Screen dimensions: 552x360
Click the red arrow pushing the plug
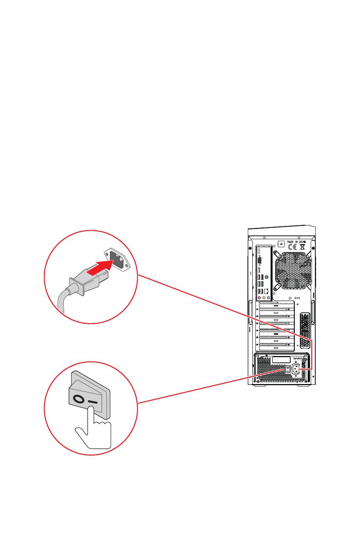click(99, 268)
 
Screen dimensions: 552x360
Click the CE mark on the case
click(293, 246)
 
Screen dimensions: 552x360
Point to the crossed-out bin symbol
click(302, 246)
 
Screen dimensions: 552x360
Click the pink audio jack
click(259, 298)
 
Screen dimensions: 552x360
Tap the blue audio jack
click(268, 298)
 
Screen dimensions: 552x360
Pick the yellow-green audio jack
click(264, 298)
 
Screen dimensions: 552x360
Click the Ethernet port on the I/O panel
click(267, 291)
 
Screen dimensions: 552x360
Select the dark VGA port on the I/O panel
click(260, 261)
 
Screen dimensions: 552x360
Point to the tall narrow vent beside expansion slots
click(304, 330)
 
